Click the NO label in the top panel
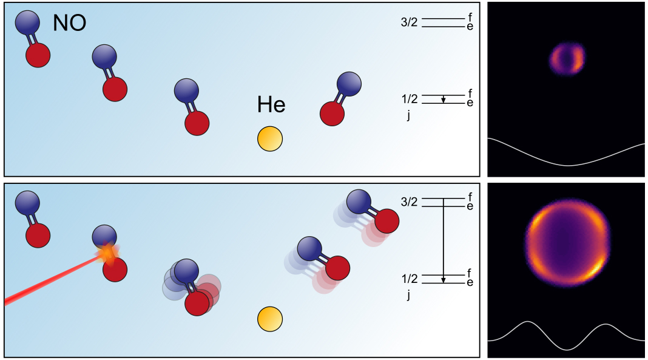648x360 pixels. (69, 23)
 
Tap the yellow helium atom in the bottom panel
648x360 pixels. (270, 319)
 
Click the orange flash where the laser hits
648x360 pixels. (108, 253)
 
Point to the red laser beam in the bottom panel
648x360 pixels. (49, 280)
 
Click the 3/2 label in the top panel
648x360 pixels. (409, 22)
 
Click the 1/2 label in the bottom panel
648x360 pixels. (409, 279)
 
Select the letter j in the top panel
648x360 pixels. (409, 116)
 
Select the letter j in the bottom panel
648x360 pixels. (409, 296)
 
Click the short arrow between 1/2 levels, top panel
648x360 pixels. (444, 100)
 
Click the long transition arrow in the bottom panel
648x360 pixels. (444, 240)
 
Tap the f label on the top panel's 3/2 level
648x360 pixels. (470, 17)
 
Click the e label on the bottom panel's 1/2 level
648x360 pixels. (470, 283)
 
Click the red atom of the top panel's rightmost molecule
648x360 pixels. (331, 114)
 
